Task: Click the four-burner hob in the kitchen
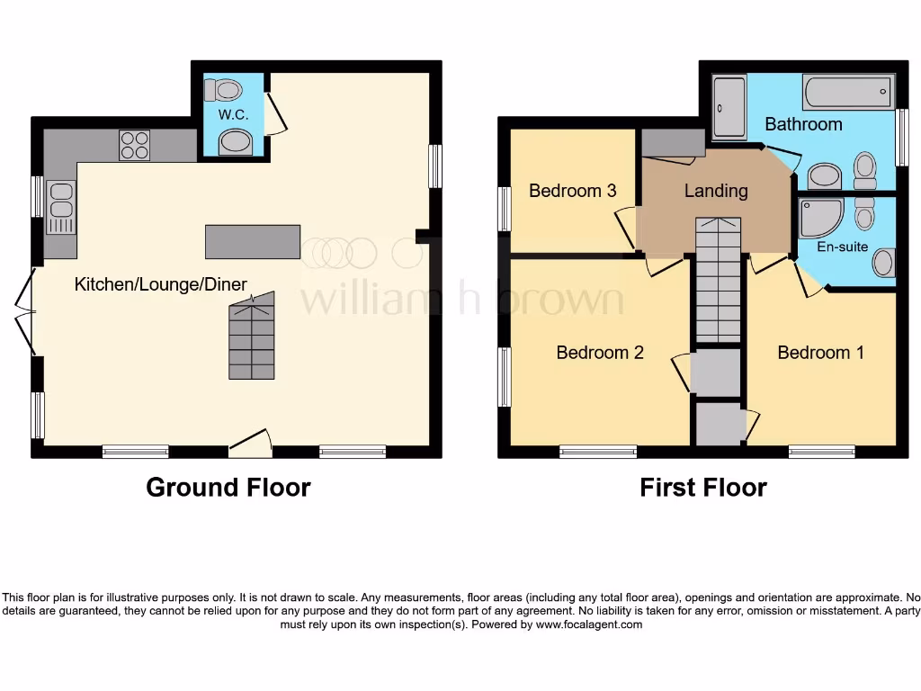pyautogui.click(x=135, y=146)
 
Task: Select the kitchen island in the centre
pyautogui.click(x=252, y=241)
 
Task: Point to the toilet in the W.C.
pyautogui.click(x=224, y=90)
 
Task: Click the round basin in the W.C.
pyautogui.click(x=235, y=142)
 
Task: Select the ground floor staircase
pyautogui.click(x=251, y=341)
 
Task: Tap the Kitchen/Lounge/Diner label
pyautogui.click(x=160, y=284)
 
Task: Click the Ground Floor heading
pyautogui.click(x=228, y=488)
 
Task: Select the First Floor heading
pyautogui.click(x=702, y=488)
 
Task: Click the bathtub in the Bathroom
pyautogui.click(x=848, y=92)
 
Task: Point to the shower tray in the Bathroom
pyautogui.click(x=729, y=108)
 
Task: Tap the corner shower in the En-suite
pyautogui.click(x=819, y=217)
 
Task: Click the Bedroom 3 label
pyautogui.click(x=572, y=191)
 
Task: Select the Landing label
pyautogui.click(x=715, y=191)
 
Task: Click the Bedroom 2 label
pyautogui.click(x=600, y=352)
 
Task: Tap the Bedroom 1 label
pyautogui.click(x=820, y=352)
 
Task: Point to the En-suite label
pyautogui.click(x=842, y=246)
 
